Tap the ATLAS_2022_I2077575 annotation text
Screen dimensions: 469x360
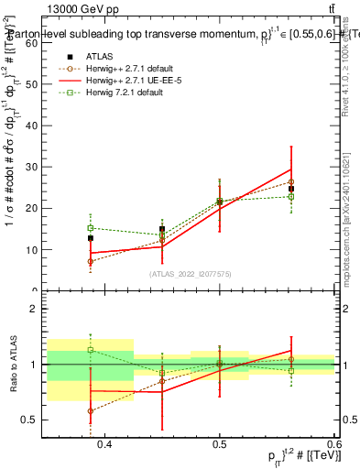[190, 273]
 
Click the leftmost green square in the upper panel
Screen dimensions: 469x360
[91, 228]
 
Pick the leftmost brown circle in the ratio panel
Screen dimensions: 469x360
[91, 411]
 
